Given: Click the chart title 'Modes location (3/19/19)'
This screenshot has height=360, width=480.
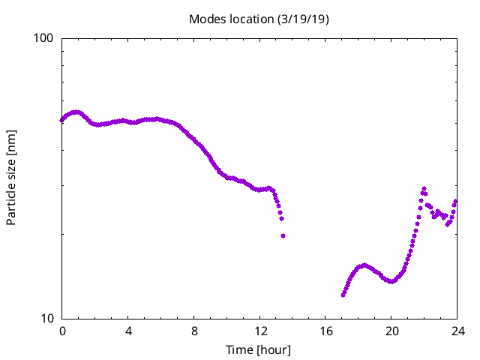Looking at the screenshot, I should coord(259,19).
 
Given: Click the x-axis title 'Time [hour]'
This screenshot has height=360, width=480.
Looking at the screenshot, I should coord(259,350).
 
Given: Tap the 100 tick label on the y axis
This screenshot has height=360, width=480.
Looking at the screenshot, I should coord(46,38).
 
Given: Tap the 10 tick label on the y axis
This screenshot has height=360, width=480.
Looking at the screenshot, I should coord(49,318).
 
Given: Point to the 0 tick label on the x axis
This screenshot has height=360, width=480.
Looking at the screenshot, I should coord(62,331).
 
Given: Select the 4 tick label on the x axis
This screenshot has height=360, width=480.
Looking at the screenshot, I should coord(128,331).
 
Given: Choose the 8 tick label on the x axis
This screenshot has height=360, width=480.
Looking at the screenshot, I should coord(194,331).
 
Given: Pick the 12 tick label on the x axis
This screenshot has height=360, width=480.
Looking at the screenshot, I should coord(260,331).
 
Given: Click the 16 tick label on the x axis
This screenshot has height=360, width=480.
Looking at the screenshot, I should coord(325,331).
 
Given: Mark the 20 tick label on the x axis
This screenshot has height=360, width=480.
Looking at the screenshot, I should coord(391,331).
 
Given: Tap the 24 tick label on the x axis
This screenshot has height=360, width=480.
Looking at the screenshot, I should coord(457,331).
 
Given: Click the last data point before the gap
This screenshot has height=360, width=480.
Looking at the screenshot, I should coord(283,235).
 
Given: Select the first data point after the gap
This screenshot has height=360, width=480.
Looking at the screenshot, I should coord(343,295).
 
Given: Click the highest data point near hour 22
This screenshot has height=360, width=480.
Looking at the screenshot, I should coord(424,189).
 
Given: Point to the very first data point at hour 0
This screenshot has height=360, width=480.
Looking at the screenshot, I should coord(62,119).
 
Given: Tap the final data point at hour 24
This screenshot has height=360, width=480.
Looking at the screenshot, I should coord(456,201).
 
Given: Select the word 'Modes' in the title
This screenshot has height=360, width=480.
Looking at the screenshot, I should coord(207,19).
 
